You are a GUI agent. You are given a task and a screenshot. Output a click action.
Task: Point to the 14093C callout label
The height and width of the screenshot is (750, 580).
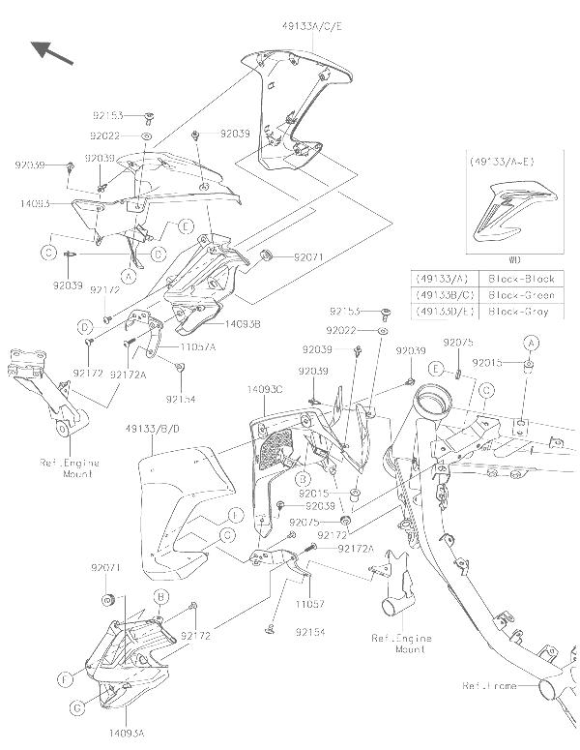tap(264, 388)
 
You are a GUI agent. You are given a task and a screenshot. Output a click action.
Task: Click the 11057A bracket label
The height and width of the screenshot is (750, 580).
tap(196, 345)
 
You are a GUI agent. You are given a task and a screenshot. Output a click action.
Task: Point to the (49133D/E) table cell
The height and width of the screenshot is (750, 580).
tap(440, 311)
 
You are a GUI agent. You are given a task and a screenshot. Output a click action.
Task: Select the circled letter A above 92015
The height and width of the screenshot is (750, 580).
tap(530, 343)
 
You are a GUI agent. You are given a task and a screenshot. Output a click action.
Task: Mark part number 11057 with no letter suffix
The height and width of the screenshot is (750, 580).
tap(305, 600)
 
